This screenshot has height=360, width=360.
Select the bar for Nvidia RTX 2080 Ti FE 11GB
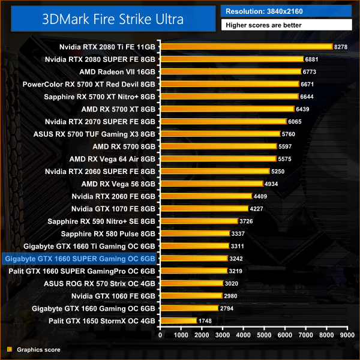(x=246, y=46)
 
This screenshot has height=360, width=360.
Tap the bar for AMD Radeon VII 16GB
(x=230, y=71)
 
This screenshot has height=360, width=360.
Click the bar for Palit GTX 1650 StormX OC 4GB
(x=178, y=321)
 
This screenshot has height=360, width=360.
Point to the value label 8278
(x=341, y=46)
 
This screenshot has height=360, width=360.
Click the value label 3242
(x=236, y=259)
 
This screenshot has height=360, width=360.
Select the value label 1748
(x=206, y=321)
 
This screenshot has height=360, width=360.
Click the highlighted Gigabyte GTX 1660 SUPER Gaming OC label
(x=80, y=259)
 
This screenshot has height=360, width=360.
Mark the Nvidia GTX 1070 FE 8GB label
(x=113, y=209)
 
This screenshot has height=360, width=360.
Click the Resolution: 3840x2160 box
(x=286, y=11)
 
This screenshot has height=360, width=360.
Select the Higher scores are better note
(x=286, y=25)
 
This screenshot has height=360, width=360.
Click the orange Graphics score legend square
(x=9, y=349)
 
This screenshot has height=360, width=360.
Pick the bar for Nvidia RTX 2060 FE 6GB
(x=206, y=196)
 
